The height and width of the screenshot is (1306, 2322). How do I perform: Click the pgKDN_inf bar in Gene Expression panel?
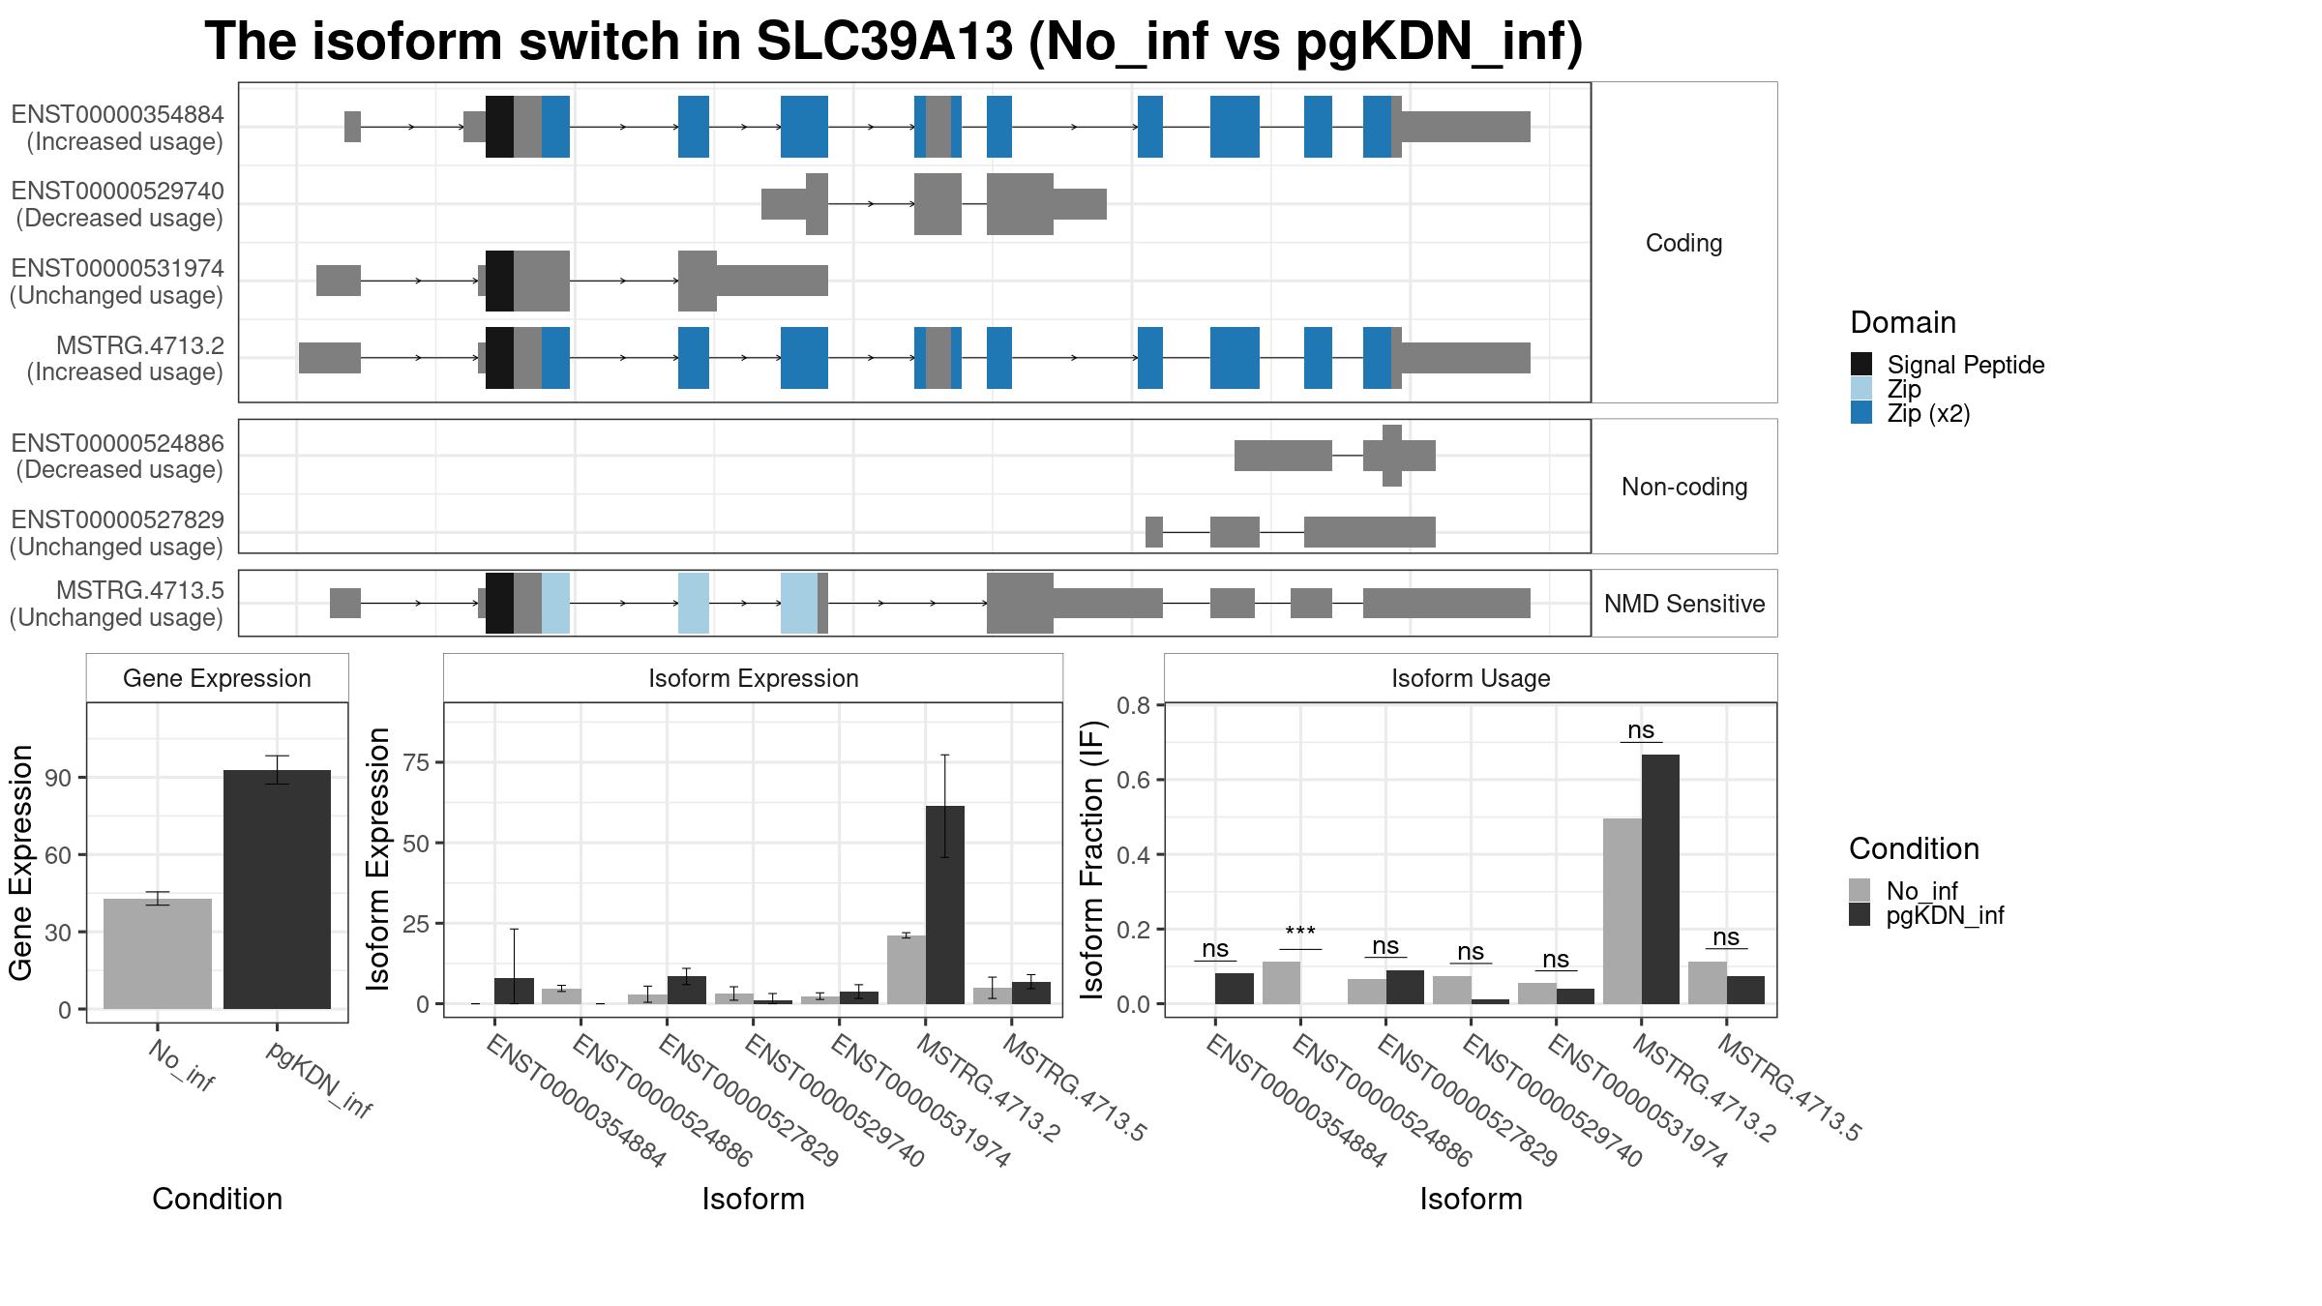(278, 889)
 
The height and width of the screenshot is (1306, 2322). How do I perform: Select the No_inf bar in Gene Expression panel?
(158, 954)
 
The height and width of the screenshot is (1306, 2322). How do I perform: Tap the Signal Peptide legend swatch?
(1861, 365)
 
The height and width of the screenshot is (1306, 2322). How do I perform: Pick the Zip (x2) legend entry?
(1911, 414)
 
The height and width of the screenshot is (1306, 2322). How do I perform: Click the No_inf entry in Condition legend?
(1903, 891)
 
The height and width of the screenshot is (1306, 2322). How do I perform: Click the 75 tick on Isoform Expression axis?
(417, 762)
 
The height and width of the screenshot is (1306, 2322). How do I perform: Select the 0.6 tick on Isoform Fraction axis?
(1134, 780)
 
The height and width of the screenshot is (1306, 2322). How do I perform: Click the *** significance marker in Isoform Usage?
(1299, 933)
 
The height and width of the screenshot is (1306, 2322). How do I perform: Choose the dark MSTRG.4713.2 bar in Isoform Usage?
(1660, 879)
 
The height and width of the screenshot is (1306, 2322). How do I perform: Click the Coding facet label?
(1683, 243)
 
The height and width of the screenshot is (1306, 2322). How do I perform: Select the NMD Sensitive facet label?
(1684, 604)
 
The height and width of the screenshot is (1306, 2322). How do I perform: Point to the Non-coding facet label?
(1684, 487)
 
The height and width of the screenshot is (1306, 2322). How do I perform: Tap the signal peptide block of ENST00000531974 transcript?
(499, 281)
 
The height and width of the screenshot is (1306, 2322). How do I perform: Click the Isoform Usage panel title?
(1471, 678)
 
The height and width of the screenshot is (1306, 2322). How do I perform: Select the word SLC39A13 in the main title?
(884, 42)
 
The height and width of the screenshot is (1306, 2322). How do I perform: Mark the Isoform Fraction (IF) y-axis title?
(1092, 859)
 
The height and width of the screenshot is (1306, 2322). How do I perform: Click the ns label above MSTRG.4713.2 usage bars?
(1641, 729)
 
